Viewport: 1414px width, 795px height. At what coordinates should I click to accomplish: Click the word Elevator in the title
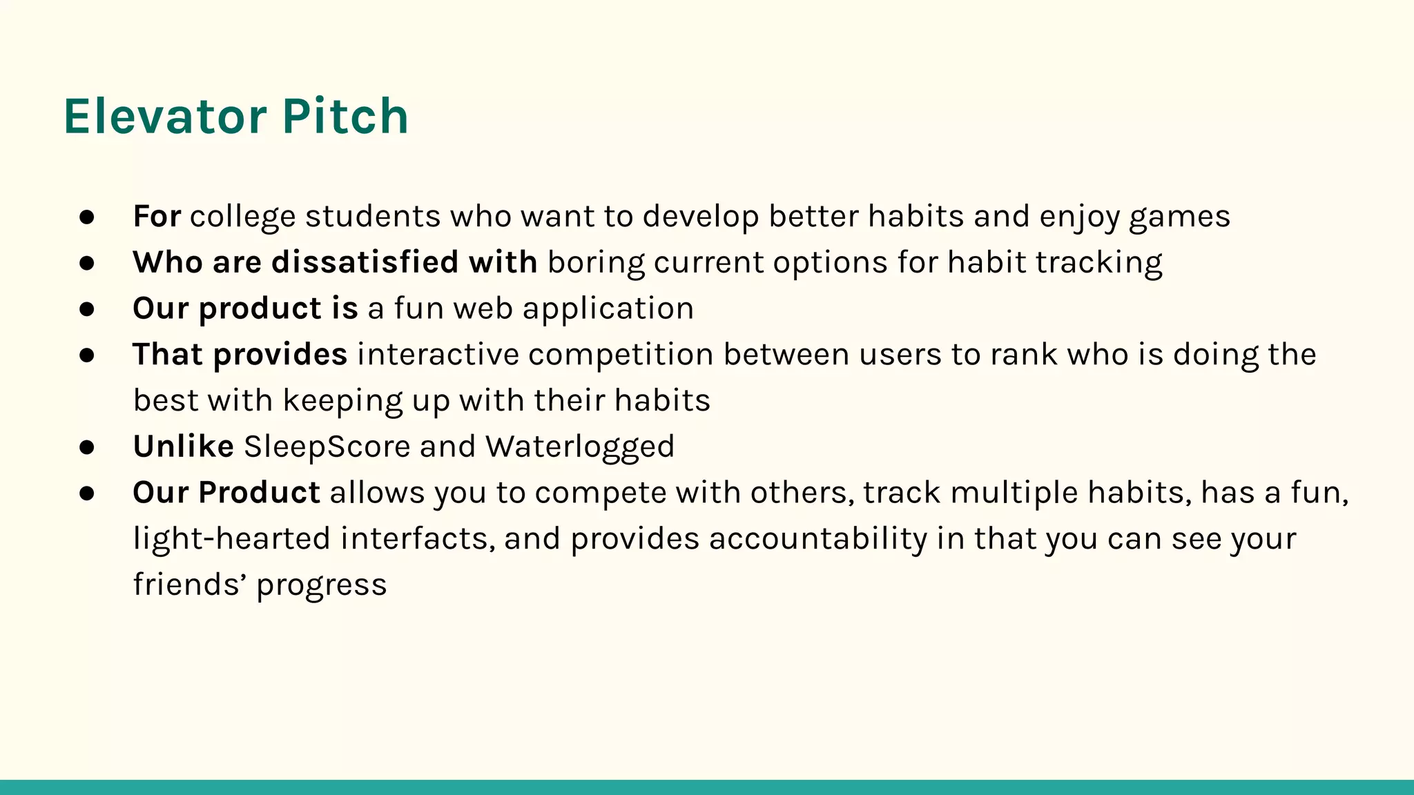[x=164, y=116]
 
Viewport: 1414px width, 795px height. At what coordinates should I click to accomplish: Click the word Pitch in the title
[x=345, y=116]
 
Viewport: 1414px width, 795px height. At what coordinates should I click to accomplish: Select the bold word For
[x=157, y=216]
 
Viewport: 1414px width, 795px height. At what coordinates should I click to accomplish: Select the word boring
[x=596, y=264]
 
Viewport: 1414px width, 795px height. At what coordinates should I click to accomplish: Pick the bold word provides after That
[x=280, y=355]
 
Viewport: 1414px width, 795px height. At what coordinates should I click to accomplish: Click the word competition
[x=621, y=355]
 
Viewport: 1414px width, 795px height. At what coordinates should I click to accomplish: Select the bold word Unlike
[x=183, y=446]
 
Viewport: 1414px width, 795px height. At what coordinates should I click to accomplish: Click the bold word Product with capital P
[x=259, y=493]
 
